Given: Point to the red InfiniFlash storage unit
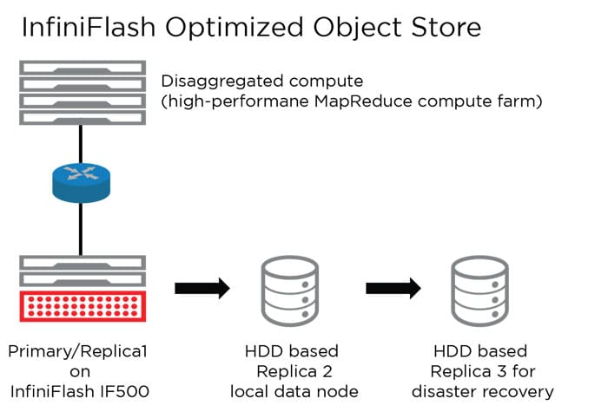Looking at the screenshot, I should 80,309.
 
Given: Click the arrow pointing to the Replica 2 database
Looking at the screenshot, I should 202,288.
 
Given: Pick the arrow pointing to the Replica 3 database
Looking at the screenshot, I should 392,288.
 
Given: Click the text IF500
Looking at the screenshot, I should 129,392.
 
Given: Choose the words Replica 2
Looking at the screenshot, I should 290,372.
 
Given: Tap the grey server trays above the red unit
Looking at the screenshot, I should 80,271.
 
